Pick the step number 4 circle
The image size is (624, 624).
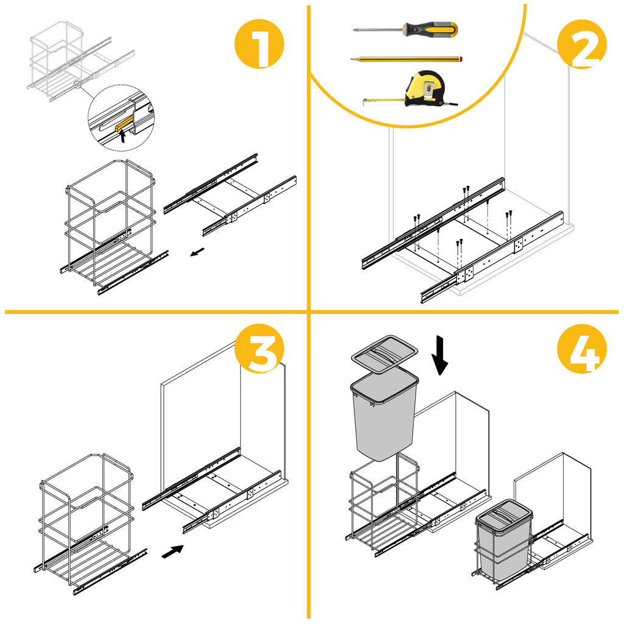pos(582,349)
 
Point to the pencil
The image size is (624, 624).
pos(405,59)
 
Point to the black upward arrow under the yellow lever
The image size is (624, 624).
pos(124,136)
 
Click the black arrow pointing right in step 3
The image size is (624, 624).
pos(172,551)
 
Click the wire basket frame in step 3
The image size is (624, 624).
pos(85,518)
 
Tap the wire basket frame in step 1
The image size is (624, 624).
pos(110,225)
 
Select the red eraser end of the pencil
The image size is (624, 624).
pos(461,59)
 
